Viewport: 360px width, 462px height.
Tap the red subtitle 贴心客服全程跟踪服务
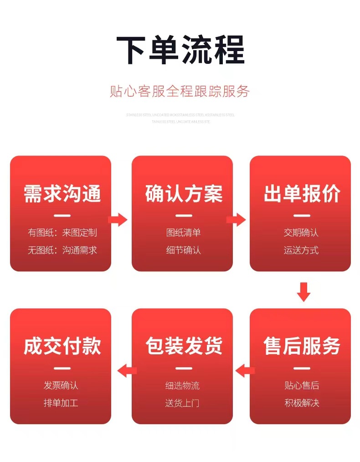click(x=180, y=91)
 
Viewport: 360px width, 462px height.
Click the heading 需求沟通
click(x=62, y=194)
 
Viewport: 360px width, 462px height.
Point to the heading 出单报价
click(x=301, y=194)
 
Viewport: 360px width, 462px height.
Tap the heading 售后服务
click(x=301, y=346)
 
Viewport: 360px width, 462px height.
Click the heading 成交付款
click(x=62, y=346)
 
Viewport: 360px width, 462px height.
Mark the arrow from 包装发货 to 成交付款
click(x=127, y=370)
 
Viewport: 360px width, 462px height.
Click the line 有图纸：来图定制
click(x=62, y=233)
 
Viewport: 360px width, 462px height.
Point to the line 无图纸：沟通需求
click(x=62, y=250)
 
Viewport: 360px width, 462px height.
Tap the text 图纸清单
click(x=183, y=233)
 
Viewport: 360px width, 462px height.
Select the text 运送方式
click(x=301, y=250)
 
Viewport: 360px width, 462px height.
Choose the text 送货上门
click(x=182, y=403)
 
